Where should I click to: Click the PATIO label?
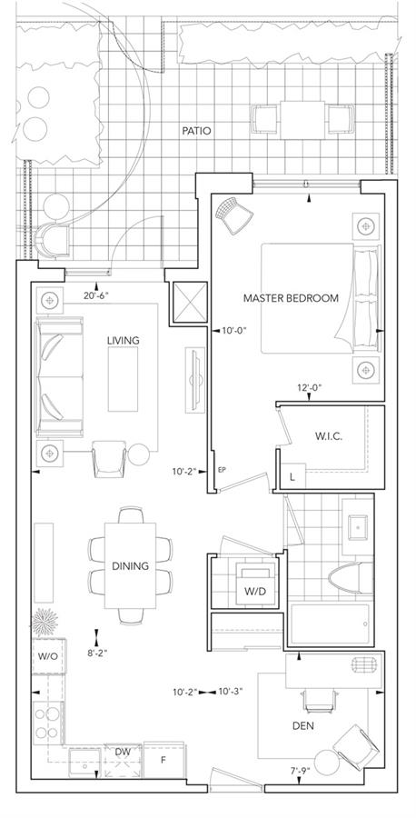pos(196,130)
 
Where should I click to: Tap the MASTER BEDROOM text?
pos(291,298)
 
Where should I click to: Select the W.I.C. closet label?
pos(329,436)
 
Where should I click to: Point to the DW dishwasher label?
pos(123,752)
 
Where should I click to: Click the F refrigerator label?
pos(163,760)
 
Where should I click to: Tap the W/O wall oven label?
pos(48,655)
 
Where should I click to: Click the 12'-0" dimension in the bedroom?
pos(309,387)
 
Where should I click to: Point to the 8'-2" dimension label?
pos(96,652)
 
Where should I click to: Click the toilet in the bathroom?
pos(351,579)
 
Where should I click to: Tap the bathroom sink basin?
pos(358,528)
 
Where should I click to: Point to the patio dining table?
pos(302,120)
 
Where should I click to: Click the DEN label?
pos(303,725)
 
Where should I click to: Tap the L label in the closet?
pos(292,476)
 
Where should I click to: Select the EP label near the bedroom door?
pos(222,470)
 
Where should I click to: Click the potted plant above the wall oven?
pos(45,622)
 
